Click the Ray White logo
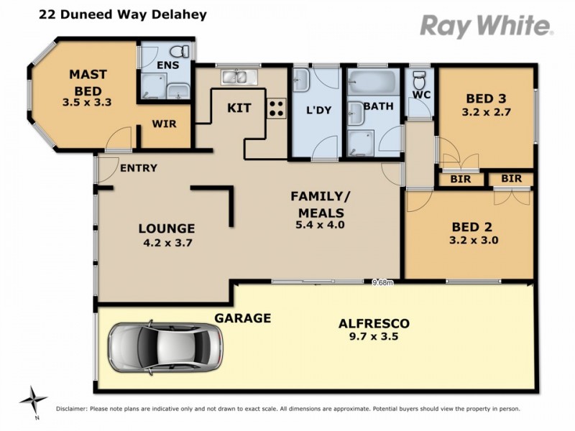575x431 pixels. [x=486, y=26]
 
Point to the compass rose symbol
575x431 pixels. [x=33, y=399]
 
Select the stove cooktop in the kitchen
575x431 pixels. [x=277, y=108]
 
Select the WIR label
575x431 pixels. [x=165, y=124]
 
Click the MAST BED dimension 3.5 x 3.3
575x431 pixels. [x=88, y=103]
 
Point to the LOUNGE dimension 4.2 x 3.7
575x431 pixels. [x=167, y=242]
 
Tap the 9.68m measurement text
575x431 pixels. [x=383, y=282]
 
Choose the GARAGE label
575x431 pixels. [x=242, y=318]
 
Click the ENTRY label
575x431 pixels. [x=139, y=168]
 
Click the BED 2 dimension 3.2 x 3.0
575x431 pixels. [x=473, y=241]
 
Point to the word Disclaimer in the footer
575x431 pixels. [x=71, y=409]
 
